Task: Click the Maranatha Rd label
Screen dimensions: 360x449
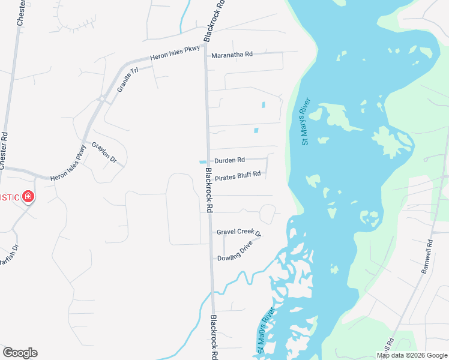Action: (231, 55)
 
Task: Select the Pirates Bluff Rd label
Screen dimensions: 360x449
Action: (238, 175)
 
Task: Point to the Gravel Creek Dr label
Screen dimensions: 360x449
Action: (239, 232)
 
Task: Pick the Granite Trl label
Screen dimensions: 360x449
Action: (127, 79)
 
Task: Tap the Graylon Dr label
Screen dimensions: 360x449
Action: (103, 152)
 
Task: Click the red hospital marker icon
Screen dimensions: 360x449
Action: (28, 197)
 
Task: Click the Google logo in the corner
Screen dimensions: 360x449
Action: (20, 353)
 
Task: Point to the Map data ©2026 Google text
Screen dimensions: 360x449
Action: (411, 355)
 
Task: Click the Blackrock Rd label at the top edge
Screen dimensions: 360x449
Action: (215, 20)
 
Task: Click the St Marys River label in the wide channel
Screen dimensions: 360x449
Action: (306, 121)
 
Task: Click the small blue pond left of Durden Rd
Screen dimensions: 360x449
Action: (202, 161)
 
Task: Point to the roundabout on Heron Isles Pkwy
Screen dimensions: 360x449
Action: (103, 98)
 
